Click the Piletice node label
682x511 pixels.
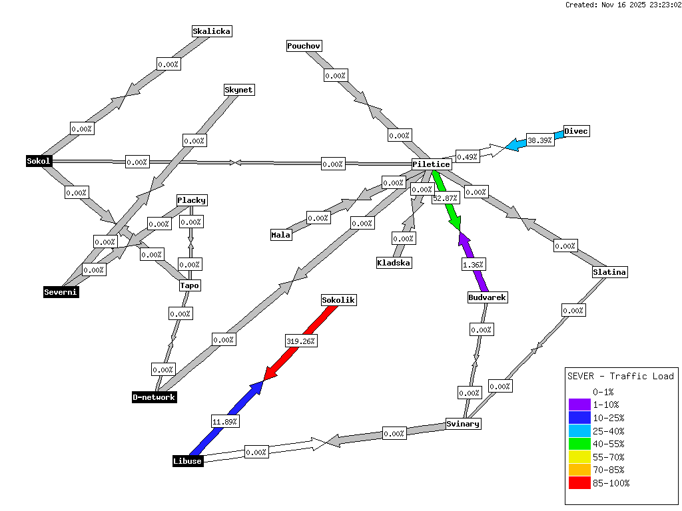coord(432,164)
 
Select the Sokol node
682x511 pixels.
coord(39,161)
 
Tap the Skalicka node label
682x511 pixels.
coord(212,31)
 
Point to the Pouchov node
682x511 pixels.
coord(304,46)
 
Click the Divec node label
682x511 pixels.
coord(576,131)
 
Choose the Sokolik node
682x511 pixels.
coord(338,300)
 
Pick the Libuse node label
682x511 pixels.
coord(187,461)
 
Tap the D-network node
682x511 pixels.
coord(154,397)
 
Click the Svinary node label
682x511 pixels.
coord(463,424)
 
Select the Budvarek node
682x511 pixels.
coord(488,297)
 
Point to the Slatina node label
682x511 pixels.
coord(610,272)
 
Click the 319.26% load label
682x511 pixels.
coord(301,341)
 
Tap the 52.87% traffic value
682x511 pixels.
coord(446,198)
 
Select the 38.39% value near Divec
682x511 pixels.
coord(540,140)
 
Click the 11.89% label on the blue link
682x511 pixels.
coord(225,421)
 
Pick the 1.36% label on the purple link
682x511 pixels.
coord(474,265)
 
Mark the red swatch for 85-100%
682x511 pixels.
coord(579,483)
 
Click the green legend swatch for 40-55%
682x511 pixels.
coord(579,444)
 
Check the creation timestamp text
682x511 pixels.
coord(623,5)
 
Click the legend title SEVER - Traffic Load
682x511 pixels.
coord(620,376)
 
